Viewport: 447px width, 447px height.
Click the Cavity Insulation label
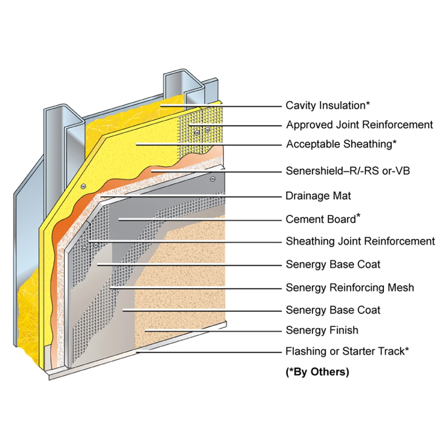pos(328,105)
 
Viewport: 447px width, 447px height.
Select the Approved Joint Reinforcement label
pos(360,125)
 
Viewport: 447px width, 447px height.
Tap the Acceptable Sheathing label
pos(341,144)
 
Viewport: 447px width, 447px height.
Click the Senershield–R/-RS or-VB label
pos(348,171)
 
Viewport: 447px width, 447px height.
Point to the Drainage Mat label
pos(318,196)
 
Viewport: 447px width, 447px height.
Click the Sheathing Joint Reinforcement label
pos(361,241)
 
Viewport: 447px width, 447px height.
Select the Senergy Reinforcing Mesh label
pos(350,288)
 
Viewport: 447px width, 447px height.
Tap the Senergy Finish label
pos(322,330)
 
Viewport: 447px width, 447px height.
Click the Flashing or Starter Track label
pos(347,351)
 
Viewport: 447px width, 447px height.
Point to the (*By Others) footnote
pos(317,372)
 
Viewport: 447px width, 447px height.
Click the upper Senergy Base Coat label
pos(333,264)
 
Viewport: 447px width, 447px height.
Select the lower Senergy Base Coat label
pos(333,310)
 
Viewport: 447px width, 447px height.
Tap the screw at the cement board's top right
pos(213,179)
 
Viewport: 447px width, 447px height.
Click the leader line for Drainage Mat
pos(192,196)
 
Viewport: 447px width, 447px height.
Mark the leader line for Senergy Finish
pos(214,331)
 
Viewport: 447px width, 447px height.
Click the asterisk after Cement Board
pos(358,215)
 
